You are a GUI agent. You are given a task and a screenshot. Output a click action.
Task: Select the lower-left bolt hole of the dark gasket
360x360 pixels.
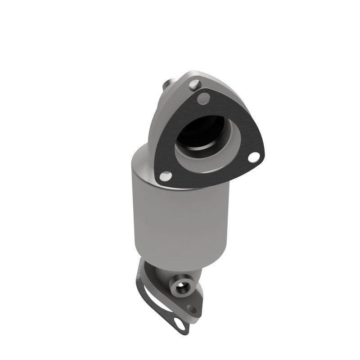point(166,175)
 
